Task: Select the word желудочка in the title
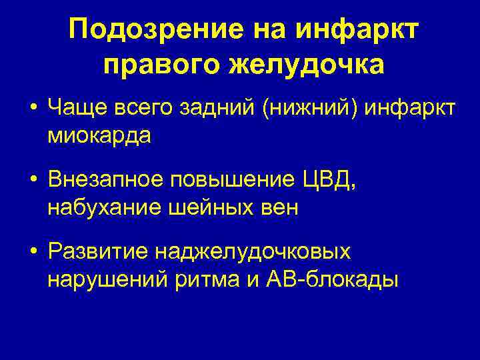(306, 65)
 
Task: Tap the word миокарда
(99, 135)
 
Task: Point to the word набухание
(101, 208)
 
